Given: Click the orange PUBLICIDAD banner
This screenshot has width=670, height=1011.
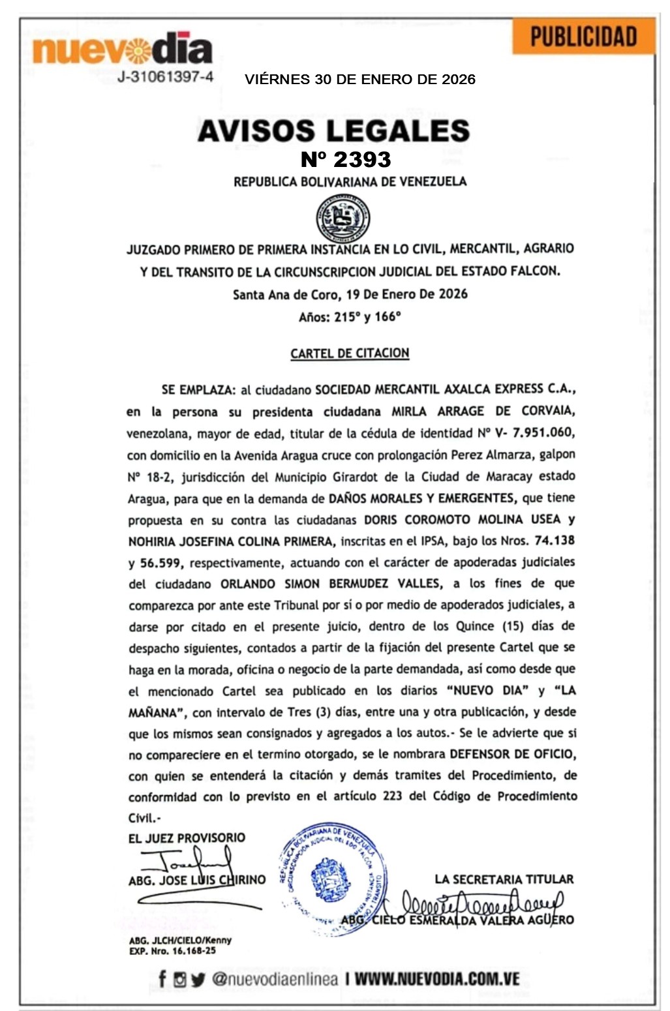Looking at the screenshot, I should tap(583, 37).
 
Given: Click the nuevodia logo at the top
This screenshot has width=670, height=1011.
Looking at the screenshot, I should tap(123, 50).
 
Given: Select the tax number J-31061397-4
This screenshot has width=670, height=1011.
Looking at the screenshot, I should tap(165, 77).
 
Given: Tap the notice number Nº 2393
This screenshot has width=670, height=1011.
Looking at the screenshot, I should tap(346, 159).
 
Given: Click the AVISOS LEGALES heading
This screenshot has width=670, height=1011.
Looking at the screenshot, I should tap(333, 130).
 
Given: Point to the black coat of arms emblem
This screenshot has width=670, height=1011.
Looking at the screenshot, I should tap(343, 218).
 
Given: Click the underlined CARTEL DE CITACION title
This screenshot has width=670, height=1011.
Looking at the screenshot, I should tap(350, 354).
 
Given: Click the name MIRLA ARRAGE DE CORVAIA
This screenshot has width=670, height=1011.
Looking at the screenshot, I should tap(483, 411).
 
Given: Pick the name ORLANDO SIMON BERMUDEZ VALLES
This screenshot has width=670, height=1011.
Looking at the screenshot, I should tap(331, 583).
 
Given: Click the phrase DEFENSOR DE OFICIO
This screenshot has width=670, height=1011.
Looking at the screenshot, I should tap(511, 754).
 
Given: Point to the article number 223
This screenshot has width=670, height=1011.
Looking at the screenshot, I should tap(393, 796).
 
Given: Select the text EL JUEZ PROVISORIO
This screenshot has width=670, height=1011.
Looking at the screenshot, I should tap(187, 838).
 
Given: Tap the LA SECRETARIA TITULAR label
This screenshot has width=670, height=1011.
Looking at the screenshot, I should tap(504, 879).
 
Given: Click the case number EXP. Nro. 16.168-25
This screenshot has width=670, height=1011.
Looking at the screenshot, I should tap(172, 951).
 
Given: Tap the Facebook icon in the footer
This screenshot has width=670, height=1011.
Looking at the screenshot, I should tap(162, 978).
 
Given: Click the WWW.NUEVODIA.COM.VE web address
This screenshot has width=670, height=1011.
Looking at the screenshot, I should tap(437, 979).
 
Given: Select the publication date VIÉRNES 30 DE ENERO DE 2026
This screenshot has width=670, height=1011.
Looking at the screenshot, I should tap(360, 80).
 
